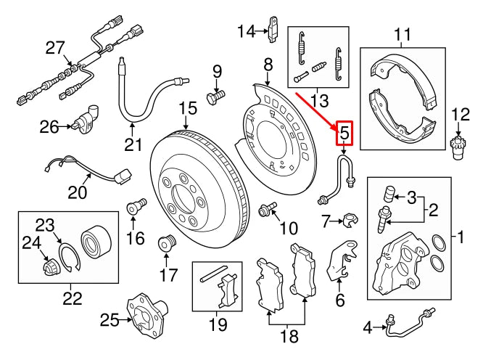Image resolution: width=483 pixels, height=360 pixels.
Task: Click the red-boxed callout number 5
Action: (x=344, y=134)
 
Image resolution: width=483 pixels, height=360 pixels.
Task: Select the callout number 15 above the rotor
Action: (x=188, y=109)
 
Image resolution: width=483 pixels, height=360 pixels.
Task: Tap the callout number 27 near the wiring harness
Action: (x=55, y=48)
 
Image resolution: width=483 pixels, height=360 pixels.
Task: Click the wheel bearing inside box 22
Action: (x=94, y=238)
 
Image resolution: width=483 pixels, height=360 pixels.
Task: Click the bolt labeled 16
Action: (x=136, y=207)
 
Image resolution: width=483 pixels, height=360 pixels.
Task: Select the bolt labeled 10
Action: (x=268, y=210)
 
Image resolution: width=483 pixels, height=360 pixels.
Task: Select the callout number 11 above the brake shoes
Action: (x=402, y=34)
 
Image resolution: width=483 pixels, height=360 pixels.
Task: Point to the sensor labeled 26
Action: (x=87, y=120)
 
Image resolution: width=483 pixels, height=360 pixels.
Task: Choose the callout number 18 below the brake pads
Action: (x=289, y=335)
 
